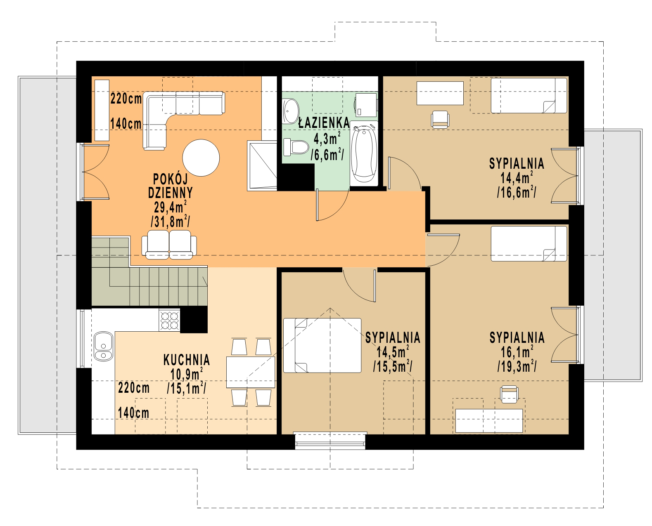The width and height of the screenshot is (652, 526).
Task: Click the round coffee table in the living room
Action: click(201, 158)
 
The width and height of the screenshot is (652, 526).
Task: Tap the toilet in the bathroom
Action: click(296, 147)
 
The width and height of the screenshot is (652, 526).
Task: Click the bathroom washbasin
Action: click(290, 111)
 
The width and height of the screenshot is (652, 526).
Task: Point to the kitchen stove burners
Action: click(169, 320)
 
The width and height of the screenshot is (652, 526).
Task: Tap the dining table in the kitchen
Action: click(250, 372)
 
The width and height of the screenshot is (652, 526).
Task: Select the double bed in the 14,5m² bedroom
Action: click(322, 345)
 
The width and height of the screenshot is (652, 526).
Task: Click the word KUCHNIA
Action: click(186, 360)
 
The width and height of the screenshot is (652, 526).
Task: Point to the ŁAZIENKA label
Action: click(324, 123)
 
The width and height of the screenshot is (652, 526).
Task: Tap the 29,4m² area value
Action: click(170, 208)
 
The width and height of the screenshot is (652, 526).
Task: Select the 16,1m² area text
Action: click(517, 352)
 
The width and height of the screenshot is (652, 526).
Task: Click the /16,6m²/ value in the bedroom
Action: click(517, 193)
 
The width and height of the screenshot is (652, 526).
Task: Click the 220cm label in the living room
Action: click(126, 99)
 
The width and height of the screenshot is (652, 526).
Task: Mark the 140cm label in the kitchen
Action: click(133, 413)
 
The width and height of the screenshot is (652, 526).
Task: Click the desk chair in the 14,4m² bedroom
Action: click(440, 119)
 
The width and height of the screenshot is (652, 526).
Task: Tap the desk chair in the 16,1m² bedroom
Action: click(509, 394)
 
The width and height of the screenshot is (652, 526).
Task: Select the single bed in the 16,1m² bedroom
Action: click(529, 244)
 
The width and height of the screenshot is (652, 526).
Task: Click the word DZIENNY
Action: click(171, 193)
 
